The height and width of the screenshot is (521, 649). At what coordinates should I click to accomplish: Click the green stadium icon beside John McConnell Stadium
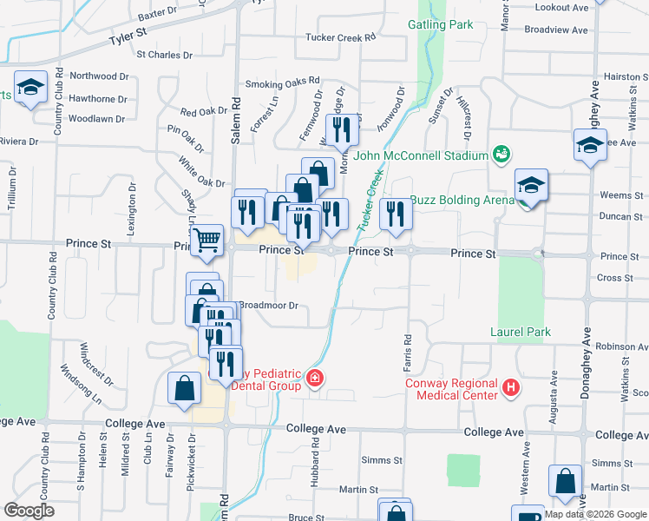500,155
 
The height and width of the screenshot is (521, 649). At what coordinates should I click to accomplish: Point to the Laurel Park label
521,332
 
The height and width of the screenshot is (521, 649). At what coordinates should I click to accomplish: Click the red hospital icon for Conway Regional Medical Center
511,387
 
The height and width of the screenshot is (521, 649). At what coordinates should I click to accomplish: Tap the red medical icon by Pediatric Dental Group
314,378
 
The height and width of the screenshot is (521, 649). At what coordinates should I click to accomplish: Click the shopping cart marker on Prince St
206,239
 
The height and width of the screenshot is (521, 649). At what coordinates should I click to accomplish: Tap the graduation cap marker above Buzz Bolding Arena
531,184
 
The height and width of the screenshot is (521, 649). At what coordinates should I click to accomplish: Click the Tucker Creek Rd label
340,37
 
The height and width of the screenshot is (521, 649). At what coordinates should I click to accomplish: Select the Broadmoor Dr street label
268,306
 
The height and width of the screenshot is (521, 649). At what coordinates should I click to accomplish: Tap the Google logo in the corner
29,511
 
